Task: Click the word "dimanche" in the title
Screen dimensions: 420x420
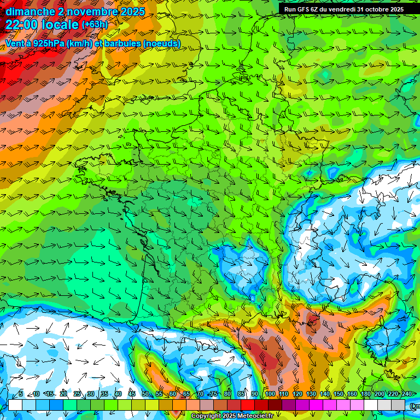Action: pos(30,11)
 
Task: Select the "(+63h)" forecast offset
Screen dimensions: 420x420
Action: pos(95,25)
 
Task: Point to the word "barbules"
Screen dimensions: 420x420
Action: pos(120,43)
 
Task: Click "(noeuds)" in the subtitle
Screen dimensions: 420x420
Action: pos(161,43)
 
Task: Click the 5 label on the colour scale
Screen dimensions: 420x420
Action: pos(20,394)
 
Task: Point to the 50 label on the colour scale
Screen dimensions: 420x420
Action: pos(145,394)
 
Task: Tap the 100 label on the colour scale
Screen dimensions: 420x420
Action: pos(270,394)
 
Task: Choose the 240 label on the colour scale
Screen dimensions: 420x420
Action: pos(407,394)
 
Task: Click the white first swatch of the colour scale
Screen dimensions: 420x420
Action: pos(15,405)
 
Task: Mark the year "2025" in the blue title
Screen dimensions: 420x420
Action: pos(133,11)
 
